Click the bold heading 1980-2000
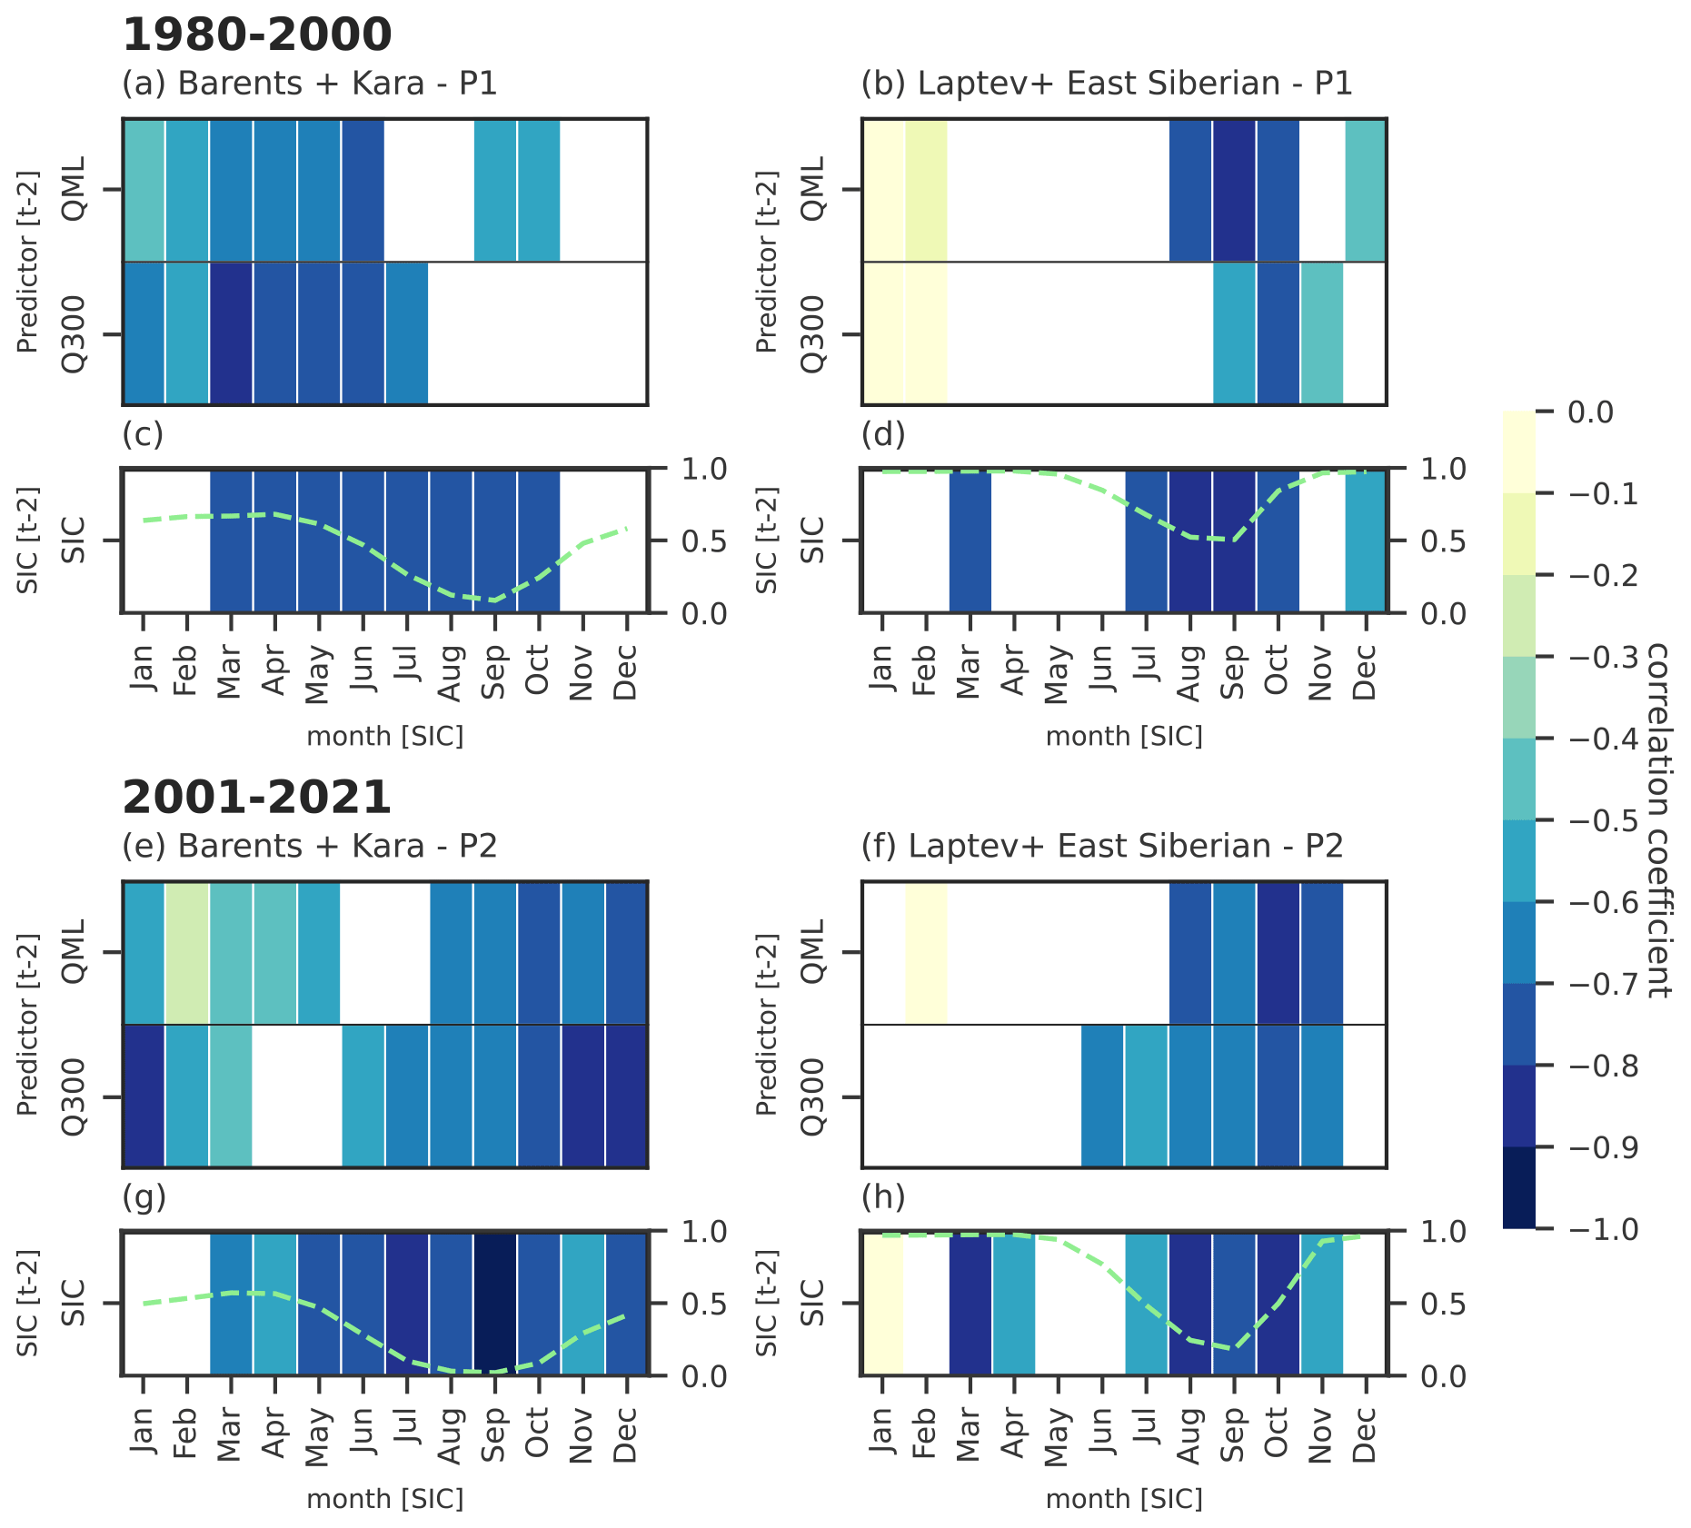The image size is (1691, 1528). (x=257, y=35)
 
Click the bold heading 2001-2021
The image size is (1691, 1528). (x=257, y=798)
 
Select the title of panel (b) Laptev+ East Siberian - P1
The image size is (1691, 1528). (x=1107, y=84)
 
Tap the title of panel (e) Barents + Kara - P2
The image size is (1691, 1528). (x=310, y=846)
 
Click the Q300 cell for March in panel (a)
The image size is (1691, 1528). (x=232, y=333)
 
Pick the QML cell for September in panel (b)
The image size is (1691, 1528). (x=1234, y=190)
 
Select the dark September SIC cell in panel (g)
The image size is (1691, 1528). (x=495, y=1303)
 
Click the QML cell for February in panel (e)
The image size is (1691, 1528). (x=187, y=952)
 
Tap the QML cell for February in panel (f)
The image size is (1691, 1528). (x=926, y=952)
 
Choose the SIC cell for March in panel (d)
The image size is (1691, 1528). (x=970, y=541)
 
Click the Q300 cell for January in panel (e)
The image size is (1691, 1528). (x=144, y=1096)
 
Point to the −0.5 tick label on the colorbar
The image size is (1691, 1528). (x=1604, y=820)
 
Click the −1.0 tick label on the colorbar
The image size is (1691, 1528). (x=1604, y=1229)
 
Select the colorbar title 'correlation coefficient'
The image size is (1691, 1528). (x=1659, y=820)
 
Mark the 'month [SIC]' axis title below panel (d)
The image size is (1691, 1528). (x=1124, y=736)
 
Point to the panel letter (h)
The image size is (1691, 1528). (x=883, y=1197)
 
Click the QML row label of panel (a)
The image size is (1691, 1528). (x=74, y=189)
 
